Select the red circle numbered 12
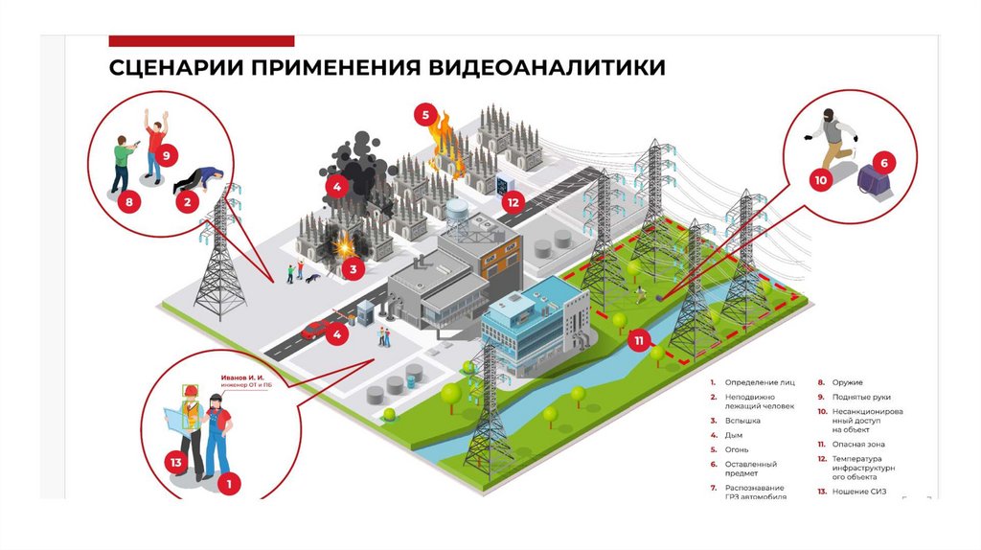pos(513,202)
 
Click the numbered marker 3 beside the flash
pos(354,269)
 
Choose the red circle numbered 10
pos(820,179)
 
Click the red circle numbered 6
pos(884,162)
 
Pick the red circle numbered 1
pos(229,485)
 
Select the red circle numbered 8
pos(128,201)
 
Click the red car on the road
pos(313,330)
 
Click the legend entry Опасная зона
pos(856,445)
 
